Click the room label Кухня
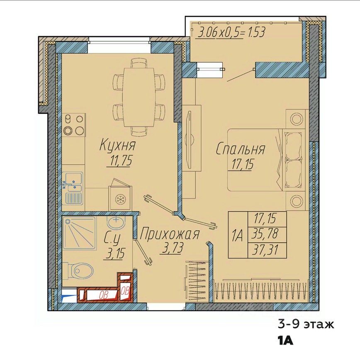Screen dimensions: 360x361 [x=117, y=145]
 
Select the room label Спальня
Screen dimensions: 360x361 [x=240, y=149]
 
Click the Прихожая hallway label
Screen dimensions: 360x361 [x=169, y=234]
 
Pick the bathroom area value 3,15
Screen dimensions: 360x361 [x=114, y=254]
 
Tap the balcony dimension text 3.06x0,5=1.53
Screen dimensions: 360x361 [x=232, y=33]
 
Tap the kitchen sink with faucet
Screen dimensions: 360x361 [x=73, y=188]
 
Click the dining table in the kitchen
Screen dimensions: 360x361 [x=139, y=97]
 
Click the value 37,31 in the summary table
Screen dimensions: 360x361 [x=265, y=250]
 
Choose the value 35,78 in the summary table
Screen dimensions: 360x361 [x=265, y=234]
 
